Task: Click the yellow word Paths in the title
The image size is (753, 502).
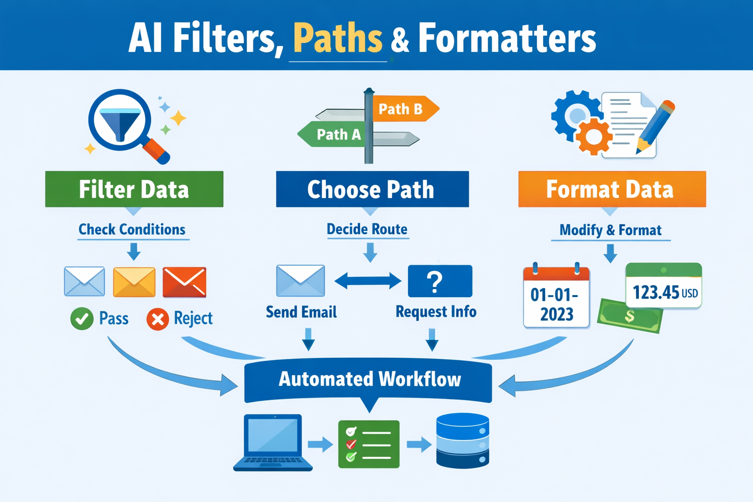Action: coord(338,38)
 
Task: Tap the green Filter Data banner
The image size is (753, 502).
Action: coord(134,189)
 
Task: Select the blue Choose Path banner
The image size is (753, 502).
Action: coord(372,189)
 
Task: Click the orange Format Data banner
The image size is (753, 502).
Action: coord(612,189)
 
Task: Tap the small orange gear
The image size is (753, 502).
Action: coord(594,137)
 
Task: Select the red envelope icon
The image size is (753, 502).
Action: coord(184,282)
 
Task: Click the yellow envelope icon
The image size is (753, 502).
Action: coord(134,282)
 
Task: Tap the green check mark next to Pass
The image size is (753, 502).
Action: coord(82,319)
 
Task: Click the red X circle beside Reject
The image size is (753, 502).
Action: coord(157,319)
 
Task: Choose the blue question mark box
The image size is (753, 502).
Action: coord(440,281)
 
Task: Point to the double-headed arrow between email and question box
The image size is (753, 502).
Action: coord(368,281)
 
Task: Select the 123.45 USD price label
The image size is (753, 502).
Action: coord(664,287)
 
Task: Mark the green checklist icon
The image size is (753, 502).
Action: coord(369,444)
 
